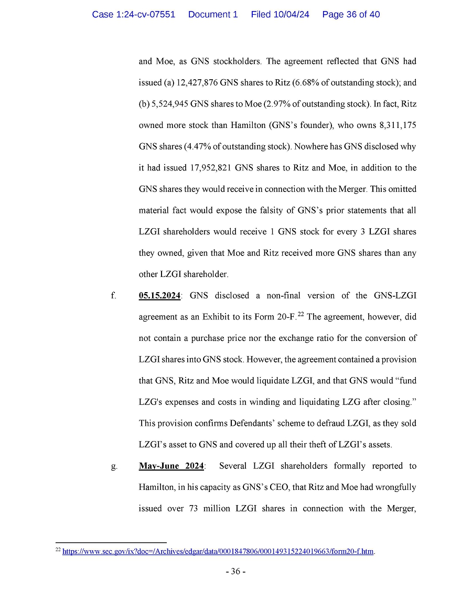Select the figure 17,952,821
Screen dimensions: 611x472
[x=207, y=168]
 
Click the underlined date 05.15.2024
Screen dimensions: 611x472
[x=159, y=296]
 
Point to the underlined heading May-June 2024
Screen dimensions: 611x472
[x=171, y=466]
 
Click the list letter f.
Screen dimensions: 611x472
[x=113, y=296]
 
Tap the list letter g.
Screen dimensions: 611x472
[x=113, y=466]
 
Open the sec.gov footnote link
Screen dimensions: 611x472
[x=218, y=552]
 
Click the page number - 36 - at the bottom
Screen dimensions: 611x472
[x=235, y=571]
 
